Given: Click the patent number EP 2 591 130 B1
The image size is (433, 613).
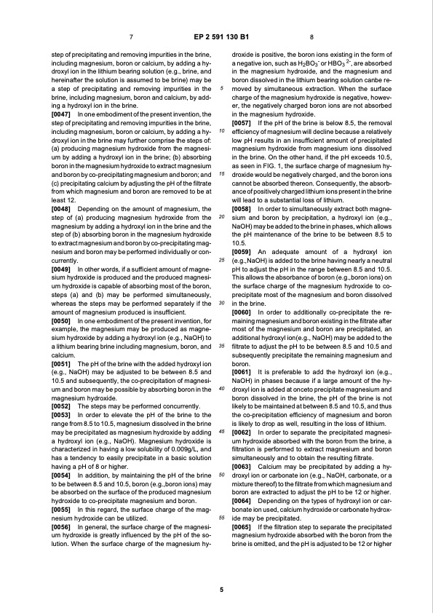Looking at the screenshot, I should [217, 36].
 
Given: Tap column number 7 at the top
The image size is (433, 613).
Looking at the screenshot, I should [130, 37].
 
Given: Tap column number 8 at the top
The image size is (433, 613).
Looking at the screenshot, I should [311, 37].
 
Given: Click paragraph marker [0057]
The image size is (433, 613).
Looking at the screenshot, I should [242, 122].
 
